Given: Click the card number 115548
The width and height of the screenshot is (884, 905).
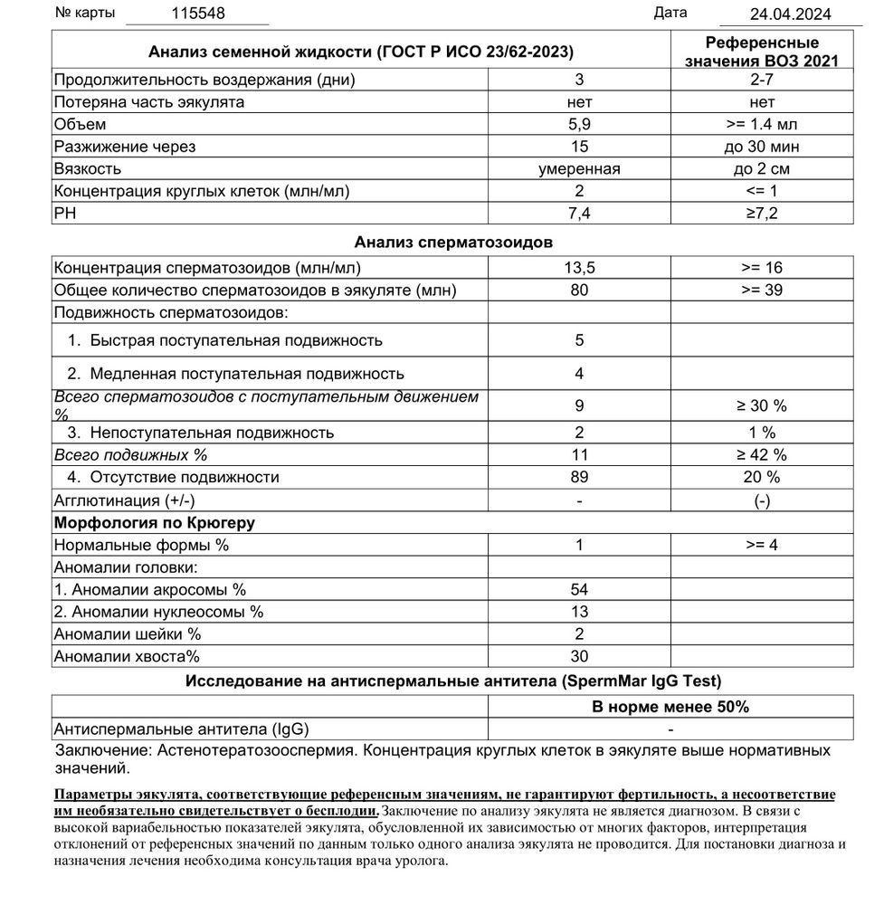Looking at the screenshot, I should coord(198,14).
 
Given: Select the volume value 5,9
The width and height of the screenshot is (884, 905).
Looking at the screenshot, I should coord(579,124).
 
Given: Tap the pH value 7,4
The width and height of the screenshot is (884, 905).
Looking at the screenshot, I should coord(579,213).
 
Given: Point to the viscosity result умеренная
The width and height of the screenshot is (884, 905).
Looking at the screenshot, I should coord(579,168).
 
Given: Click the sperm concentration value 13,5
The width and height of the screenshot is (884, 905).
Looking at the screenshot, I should coord(579,268).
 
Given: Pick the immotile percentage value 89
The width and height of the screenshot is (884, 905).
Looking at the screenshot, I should coord(579,477).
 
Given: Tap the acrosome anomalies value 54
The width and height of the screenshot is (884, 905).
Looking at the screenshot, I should coord(579,589).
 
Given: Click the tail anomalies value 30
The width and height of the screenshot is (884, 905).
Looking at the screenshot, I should coord(579,656).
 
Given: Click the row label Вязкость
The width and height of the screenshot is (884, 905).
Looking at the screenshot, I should coord(88,168).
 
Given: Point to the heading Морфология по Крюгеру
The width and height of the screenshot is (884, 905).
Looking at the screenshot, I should coord(155,522).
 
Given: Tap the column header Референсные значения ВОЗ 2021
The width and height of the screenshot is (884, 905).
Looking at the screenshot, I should coord(762,52).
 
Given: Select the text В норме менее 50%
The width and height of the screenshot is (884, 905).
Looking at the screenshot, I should coord(670,707).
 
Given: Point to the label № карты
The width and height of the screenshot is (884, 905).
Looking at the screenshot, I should coord(87,14).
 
